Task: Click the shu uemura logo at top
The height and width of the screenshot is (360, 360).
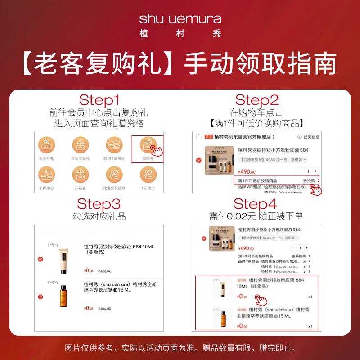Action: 180,19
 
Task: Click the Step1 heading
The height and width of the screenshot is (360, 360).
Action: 99,100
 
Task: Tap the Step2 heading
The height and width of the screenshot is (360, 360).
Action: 257,100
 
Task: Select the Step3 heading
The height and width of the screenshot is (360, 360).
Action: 99,204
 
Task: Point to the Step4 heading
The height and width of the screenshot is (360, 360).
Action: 257,204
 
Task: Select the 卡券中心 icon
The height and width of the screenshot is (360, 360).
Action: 46,175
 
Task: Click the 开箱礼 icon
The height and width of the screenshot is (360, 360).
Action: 80,175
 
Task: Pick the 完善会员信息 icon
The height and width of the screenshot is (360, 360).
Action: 114,175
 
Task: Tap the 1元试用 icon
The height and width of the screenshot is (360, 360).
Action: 148,175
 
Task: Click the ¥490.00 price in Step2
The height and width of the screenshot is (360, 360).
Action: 247,172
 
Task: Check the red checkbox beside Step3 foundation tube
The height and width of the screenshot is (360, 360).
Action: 40,259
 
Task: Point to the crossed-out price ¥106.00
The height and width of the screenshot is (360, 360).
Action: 105,309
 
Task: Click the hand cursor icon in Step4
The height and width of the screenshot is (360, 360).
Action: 261,299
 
